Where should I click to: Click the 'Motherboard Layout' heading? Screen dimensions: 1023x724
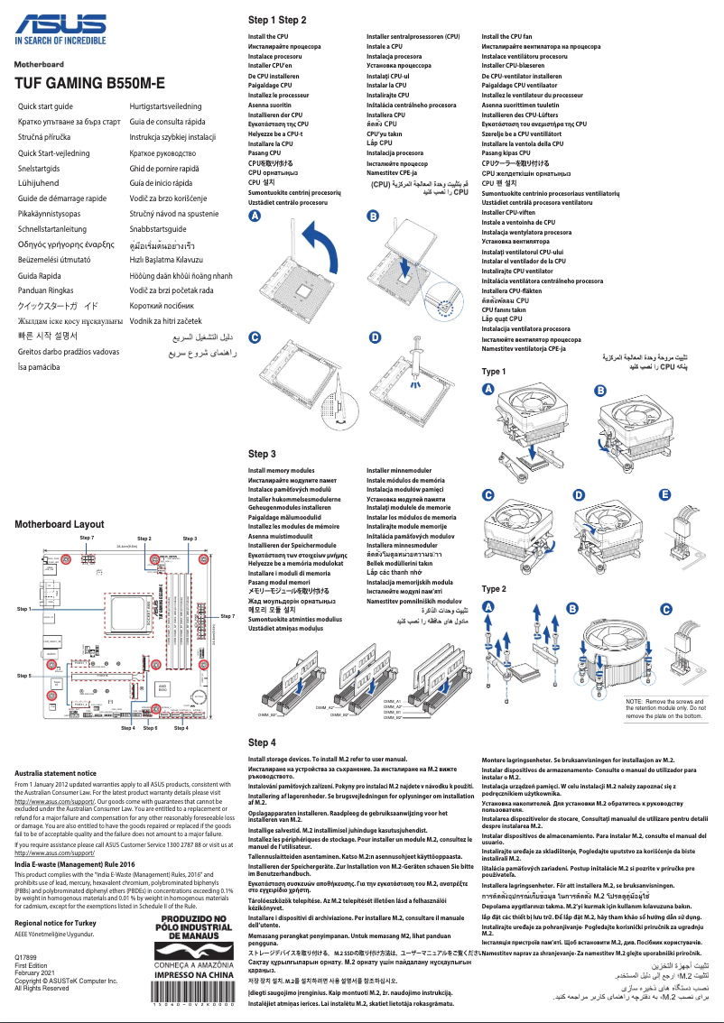(x=60, y=524)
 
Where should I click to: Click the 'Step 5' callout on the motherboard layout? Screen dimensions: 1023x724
(x=24, y=675)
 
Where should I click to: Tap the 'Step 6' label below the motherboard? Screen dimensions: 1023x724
(x=150, y=727)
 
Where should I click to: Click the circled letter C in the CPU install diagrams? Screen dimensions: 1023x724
(x=255, y=336)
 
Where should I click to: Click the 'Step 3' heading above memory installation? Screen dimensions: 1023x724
(x=262, y=454)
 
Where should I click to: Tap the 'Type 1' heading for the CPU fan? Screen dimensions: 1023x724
(x=494, y=372)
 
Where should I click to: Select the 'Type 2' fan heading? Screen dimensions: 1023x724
(x=494, y=589)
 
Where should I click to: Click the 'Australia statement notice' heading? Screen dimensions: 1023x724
(x=56, y=773)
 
